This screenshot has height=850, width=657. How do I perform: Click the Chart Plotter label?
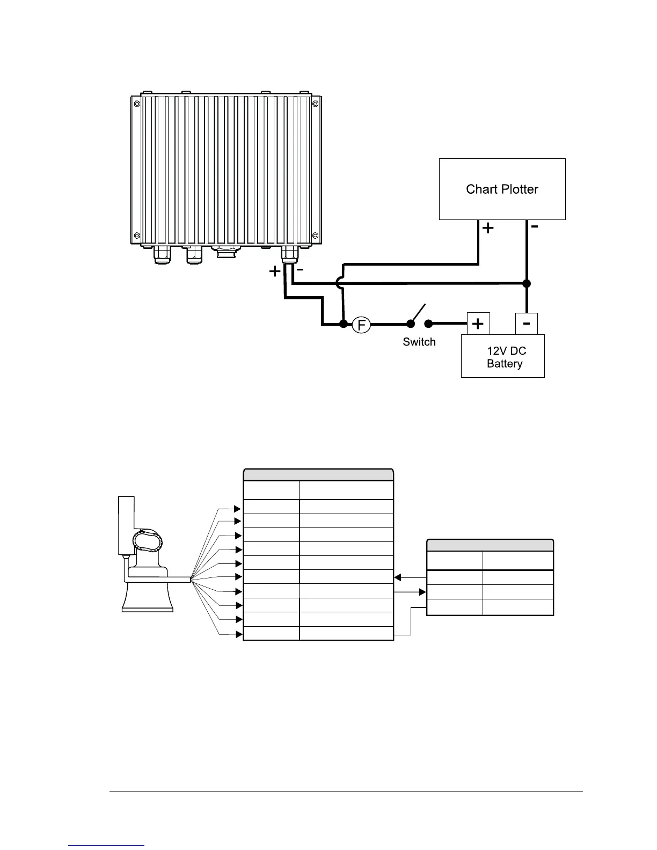coord(502,189)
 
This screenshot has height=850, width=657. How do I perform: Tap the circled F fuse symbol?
coord(362,324)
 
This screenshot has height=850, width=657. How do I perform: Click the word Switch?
coord(419,342)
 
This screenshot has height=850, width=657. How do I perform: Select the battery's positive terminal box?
coord(477,324)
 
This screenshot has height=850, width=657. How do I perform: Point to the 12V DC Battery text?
coord(506,357)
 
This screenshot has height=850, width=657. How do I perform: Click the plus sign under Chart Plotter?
coord(487,229)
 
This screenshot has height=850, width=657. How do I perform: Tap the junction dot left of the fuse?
coord(343,324)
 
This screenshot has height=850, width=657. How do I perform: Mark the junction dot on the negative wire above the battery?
coord(527,283)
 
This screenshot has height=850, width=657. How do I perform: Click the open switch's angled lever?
coord(419,313)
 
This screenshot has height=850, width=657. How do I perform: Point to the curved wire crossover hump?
coord(338,283)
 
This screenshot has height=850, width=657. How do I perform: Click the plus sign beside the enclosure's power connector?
coord(274,272)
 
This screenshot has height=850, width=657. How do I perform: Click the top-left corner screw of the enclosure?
coord(136,103)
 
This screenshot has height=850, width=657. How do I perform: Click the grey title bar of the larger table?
coord(318,475)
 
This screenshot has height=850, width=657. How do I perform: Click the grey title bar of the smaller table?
coord(490,545)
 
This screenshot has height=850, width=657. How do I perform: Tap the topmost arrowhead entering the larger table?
coord(238,508)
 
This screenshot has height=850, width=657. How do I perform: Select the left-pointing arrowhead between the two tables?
coord(398,577)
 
